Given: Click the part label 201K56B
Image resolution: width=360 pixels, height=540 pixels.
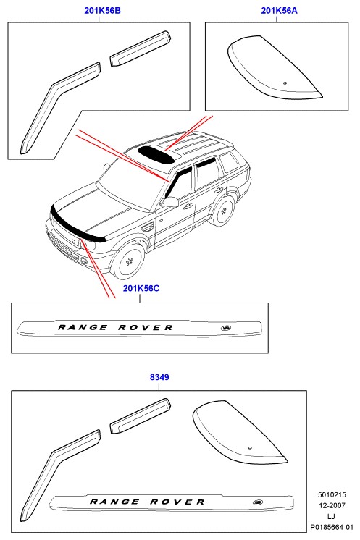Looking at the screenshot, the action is point(102,11).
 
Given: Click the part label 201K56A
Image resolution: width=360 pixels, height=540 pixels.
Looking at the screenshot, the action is point(279,11).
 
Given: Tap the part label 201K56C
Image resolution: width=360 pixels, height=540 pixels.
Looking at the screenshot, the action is point(141,288).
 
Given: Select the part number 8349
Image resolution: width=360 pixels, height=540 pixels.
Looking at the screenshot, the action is point(159,377).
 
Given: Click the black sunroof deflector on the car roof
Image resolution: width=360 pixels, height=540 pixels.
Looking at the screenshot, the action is point(156,155).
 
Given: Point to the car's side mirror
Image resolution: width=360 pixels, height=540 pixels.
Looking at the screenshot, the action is point(169,202).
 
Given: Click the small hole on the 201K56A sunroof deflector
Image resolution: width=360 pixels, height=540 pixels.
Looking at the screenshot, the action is point(285,83).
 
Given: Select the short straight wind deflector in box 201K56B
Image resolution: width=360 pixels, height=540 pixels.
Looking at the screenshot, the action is point(141,48).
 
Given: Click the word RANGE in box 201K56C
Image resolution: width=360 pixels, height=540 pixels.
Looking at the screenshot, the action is point(83,327).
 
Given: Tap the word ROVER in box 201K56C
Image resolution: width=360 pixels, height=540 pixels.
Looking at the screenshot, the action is point(145,327).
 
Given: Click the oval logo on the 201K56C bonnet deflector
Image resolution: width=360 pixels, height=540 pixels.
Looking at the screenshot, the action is point(226,328).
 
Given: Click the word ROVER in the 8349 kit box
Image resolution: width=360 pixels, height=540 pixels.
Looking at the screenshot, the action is point(177,502).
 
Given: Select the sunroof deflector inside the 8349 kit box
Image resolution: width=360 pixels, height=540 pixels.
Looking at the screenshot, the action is point(238,433).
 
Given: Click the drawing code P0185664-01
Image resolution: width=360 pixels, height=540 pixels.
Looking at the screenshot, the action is point(332,527).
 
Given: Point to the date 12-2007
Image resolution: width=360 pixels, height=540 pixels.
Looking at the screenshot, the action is point(332,505).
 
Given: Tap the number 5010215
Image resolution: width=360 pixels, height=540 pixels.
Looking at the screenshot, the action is point(332,495).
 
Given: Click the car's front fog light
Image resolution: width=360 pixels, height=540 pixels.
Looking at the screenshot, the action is point(84,261).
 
